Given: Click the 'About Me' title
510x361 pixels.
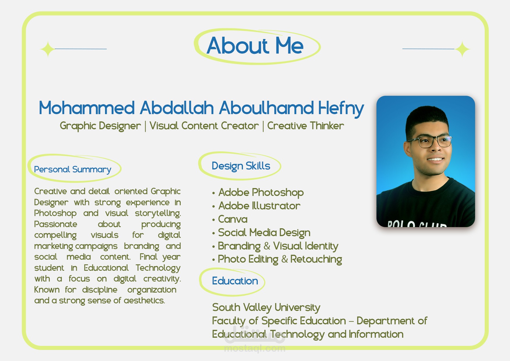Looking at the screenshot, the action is [255, 46].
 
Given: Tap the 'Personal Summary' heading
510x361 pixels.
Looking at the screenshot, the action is [73, 169].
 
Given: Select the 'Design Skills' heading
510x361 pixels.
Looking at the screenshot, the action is [241, 166].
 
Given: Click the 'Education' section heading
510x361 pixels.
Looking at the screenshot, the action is [235, 281].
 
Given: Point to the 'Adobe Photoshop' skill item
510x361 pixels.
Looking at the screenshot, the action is [261, 192].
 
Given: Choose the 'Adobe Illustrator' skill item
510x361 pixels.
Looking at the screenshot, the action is [259, 206].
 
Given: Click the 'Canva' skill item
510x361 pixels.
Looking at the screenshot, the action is [233, 219].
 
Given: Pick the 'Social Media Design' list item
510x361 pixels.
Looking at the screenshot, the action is [264, 233].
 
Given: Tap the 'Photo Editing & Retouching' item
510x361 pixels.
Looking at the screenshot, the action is [280, 259].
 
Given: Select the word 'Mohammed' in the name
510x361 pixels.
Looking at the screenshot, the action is [87, 108].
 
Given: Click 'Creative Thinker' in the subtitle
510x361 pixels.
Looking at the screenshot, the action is [305, 126].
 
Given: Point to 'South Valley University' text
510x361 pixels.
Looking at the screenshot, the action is [266, 307].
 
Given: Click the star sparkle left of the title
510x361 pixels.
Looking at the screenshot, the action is [48, 49].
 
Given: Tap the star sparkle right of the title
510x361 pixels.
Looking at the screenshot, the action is [462, 49].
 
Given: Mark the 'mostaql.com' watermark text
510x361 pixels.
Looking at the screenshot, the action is [255, 348].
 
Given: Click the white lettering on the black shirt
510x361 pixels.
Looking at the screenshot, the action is [417, 224].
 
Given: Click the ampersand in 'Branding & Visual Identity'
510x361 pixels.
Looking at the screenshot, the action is [267, 246].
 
